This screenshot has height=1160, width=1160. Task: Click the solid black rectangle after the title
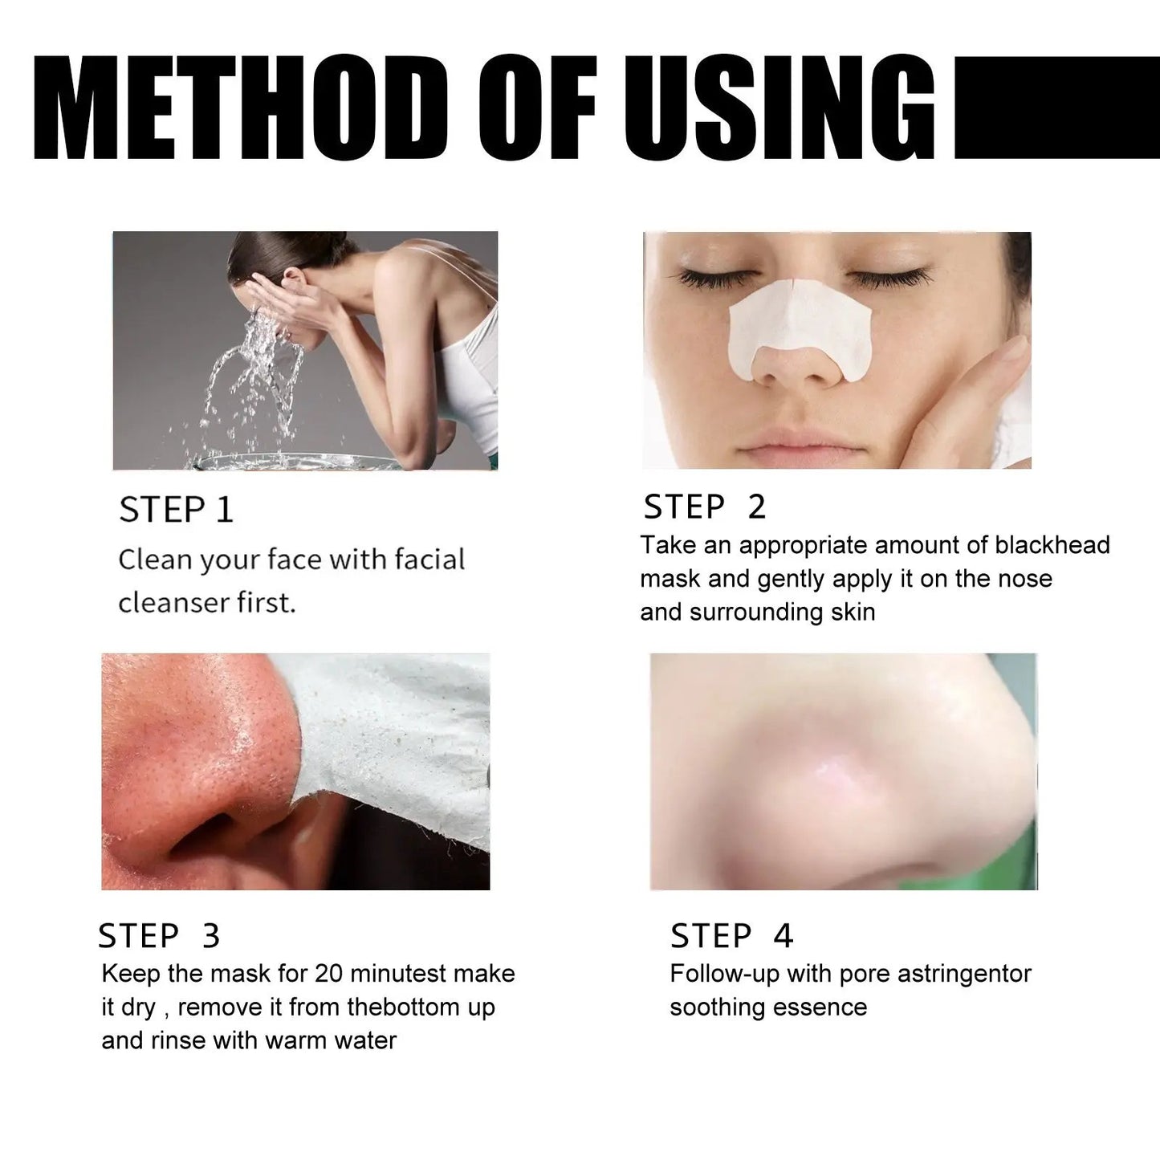(x=1056, y=108)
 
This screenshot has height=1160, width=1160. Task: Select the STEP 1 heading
(x=176, y=511)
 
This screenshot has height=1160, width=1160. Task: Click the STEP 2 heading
(x=704, y=507)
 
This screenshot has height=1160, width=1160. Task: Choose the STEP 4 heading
(x=731, y=936)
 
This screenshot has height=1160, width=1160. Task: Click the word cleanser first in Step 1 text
(x=207, y=602)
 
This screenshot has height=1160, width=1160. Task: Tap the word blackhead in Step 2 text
(x=1052, y=545)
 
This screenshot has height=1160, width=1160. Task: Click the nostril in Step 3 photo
(x=221, y=843)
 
